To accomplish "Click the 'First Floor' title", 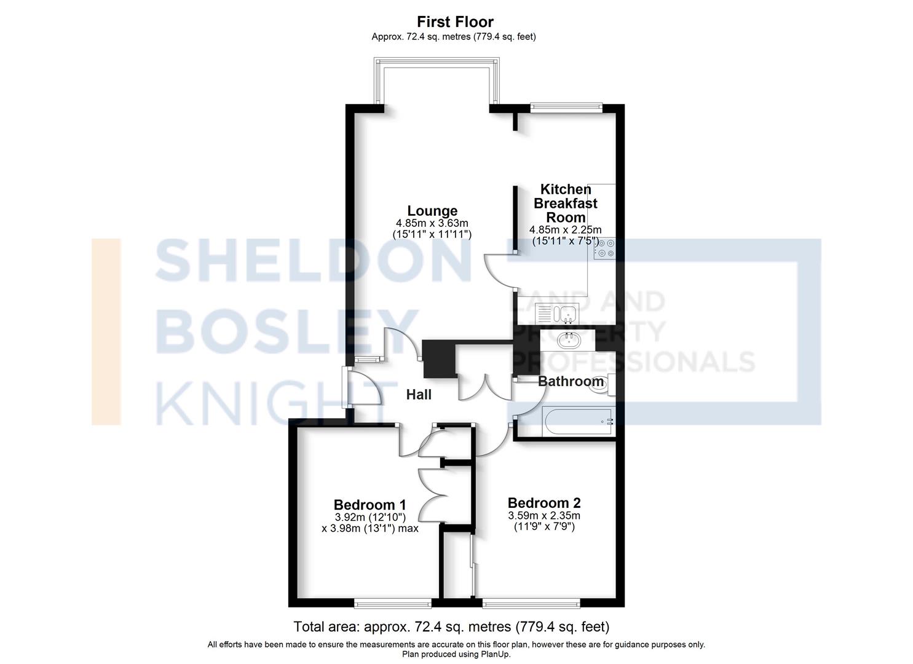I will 455,22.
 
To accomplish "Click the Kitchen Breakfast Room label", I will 565,204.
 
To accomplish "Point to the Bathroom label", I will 570,382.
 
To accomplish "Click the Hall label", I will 419,395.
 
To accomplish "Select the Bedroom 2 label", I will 544,502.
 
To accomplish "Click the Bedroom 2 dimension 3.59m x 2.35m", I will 544,516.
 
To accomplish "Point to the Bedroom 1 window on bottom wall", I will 393,603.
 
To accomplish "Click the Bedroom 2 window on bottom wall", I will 531,603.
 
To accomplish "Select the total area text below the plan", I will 451,627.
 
